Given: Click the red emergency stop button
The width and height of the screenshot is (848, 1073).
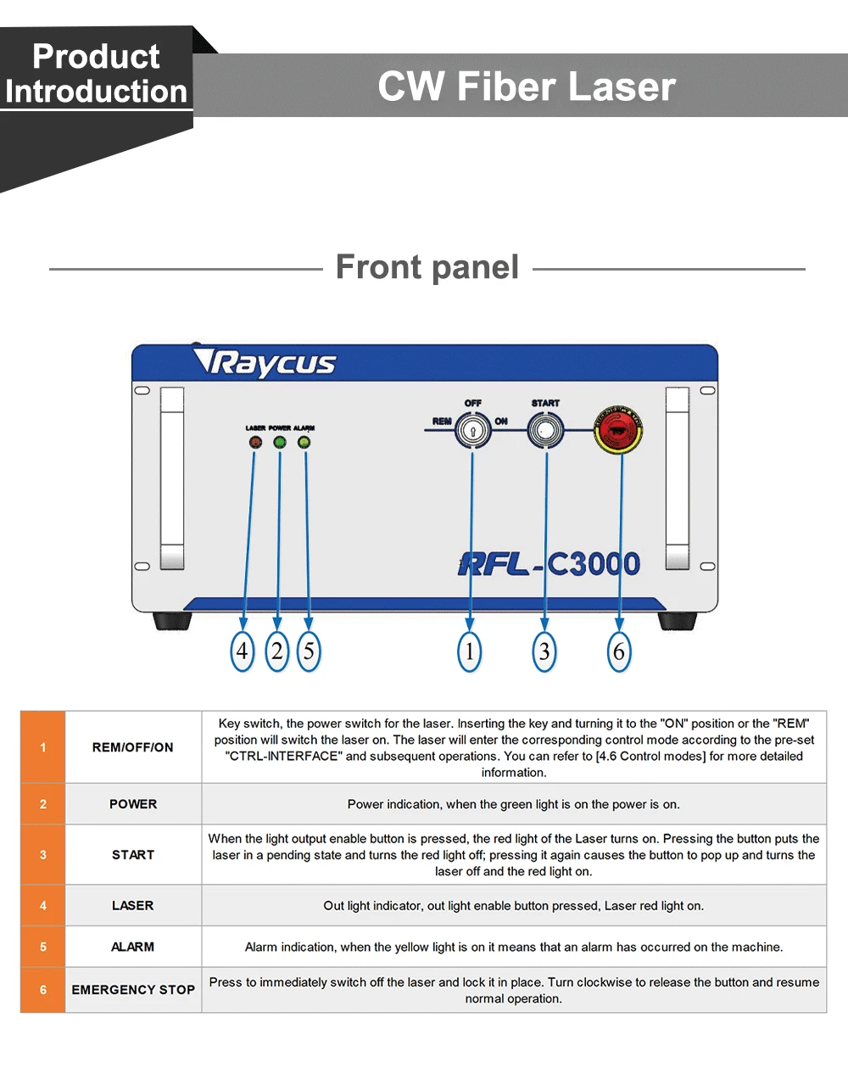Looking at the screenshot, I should click(619, 431).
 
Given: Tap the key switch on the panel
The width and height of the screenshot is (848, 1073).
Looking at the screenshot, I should click(473, 430).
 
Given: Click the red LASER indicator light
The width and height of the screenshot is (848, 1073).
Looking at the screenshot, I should click(255, 442).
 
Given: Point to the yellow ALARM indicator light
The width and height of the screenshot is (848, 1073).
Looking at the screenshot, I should click(304, 442).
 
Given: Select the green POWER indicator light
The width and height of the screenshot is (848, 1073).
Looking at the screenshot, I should click(280, 442).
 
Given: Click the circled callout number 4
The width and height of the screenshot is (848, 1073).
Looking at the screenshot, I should click(243, 651).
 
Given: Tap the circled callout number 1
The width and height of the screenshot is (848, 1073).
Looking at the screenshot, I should click(469, 651).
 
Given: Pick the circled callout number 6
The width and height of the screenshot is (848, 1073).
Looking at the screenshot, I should click(619, 651).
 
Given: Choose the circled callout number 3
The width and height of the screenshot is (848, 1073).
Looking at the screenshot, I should click(544, 651).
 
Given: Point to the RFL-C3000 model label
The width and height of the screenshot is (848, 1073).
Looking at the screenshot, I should click(550, 564).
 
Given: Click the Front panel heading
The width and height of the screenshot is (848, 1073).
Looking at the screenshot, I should click(427, 267).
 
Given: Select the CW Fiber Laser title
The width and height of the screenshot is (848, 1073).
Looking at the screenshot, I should click(526, 87).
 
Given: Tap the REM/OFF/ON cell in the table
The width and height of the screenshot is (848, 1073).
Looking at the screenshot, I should click(133, 747).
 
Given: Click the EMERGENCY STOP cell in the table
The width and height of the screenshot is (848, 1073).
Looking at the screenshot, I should click(133, 990).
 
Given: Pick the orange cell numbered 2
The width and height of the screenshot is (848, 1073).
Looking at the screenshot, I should click(43, 804).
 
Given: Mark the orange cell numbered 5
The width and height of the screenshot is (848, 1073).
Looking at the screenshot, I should click(43, 947).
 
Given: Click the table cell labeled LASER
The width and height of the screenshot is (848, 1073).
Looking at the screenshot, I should click(133, 906).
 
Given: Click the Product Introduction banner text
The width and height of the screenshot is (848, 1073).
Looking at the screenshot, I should click(96, 74).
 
